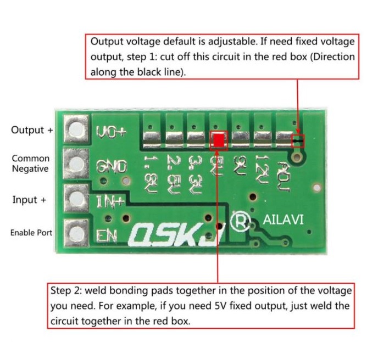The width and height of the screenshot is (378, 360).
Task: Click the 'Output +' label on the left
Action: tap(32, 130)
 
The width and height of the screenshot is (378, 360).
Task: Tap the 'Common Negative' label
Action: tap(31, 164)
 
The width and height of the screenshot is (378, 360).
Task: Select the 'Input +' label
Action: tap(29, 200)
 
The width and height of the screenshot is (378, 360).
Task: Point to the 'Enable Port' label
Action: tap(31, 233)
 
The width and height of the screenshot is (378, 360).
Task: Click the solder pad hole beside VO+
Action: tap(76, 129)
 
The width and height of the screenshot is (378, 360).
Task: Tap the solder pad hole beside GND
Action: tap(76, 164)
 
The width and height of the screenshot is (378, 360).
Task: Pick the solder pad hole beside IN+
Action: tap(76, 198)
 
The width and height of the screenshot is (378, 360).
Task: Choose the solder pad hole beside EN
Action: tap(76, 233)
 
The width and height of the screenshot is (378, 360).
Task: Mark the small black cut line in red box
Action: tap(298, 140)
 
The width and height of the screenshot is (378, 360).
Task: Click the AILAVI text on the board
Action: tap(283, 220)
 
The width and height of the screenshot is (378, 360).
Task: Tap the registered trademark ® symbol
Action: tap(240, 221)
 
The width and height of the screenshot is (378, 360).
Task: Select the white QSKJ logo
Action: tap(177, 235)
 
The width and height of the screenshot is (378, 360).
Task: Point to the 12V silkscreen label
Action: tap(262, 169)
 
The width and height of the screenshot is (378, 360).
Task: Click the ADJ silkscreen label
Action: tap(284, 177)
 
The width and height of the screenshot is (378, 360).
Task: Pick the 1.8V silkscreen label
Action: tap(151, 175)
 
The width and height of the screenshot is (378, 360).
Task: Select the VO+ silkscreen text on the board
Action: tap(111, 132)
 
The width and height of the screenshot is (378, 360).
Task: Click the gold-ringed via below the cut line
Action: tap(297, 157)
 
